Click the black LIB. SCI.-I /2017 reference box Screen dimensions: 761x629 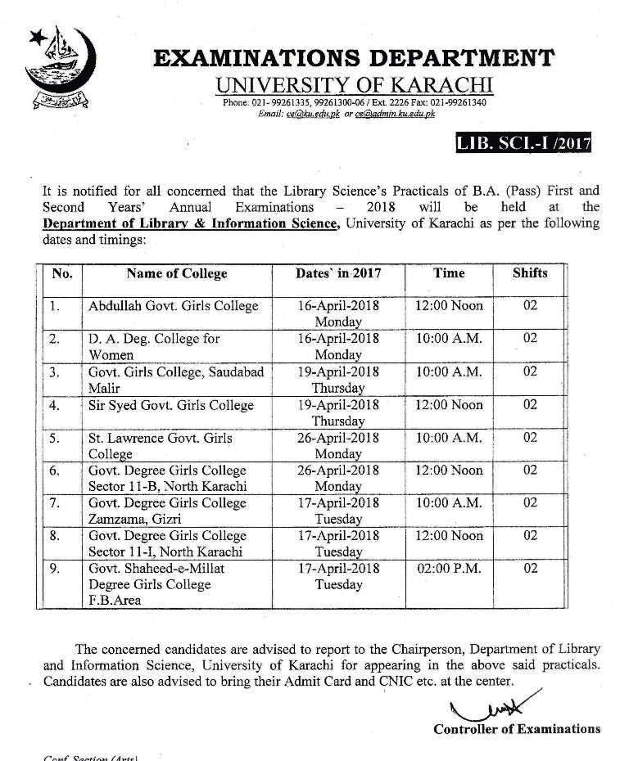click(523, 145)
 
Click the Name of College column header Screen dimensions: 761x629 click(176, 273)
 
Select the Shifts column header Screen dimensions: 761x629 click(530, 272)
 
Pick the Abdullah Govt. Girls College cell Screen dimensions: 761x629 click(174, 306)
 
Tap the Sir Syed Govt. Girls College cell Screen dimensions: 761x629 click(171, 405)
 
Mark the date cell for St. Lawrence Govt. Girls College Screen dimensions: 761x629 click(338, 445)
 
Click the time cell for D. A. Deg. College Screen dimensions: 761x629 click(449, 339)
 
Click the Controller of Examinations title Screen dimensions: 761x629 click(517, 728)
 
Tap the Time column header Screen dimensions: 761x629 click(449, 272)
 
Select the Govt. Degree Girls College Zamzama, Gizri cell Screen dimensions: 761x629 click(167, 511)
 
